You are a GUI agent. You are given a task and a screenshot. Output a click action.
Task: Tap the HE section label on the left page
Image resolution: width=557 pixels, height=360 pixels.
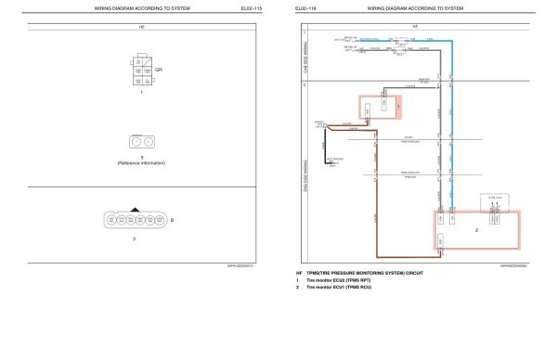[x=141, y=29]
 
